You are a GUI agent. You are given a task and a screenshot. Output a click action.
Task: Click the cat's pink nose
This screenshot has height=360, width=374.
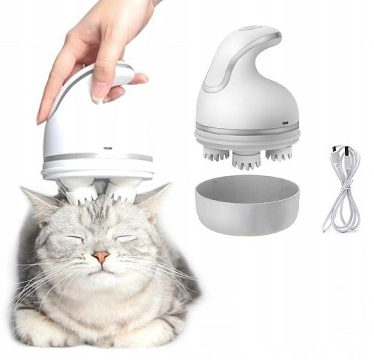101,257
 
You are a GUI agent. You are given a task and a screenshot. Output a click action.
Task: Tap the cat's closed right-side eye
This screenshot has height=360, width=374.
127,237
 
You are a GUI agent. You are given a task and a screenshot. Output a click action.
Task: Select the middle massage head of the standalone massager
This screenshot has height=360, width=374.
245,157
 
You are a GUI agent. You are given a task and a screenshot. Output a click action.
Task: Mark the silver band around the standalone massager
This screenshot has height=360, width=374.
247,132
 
